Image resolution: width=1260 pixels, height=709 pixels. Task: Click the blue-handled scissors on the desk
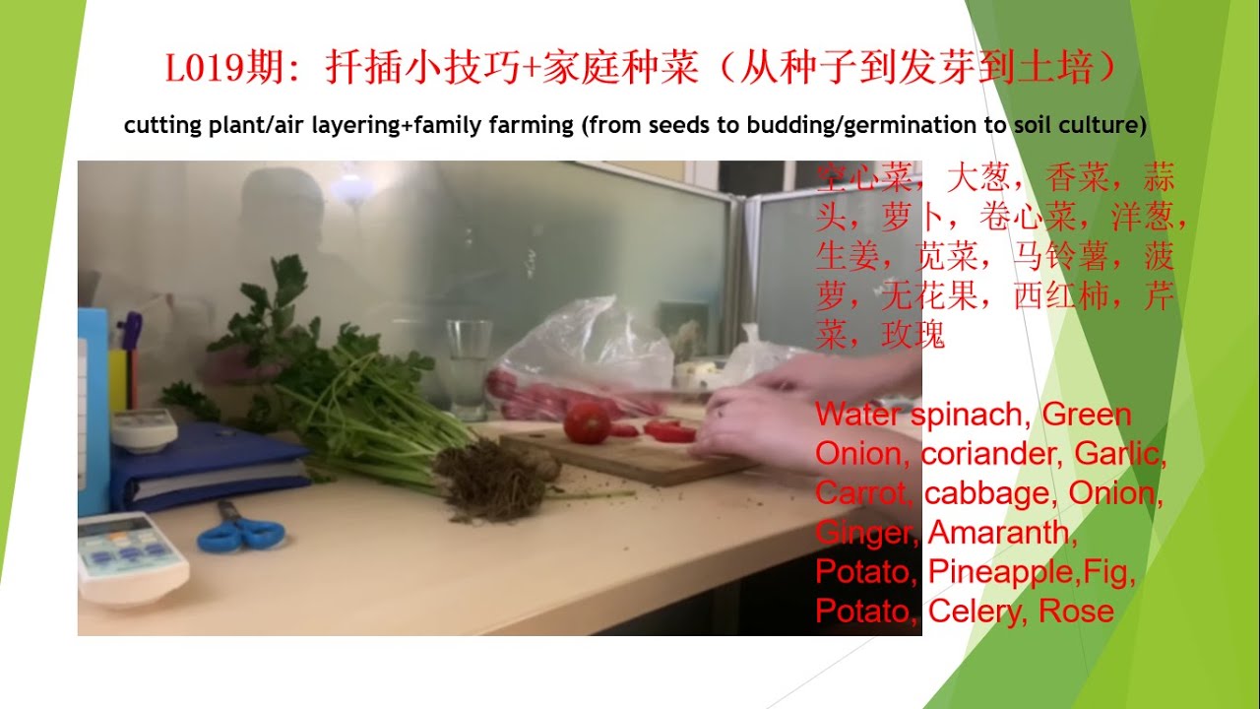[x=240, y=533]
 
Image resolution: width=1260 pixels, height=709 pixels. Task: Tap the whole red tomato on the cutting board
[x=587, y=422]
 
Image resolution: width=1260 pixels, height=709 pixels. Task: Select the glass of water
[x=469, y=367]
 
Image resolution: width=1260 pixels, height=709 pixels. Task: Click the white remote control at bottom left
[x=131, y=557]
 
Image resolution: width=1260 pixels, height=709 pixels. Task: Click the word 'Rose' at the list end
[x=1076, y=612]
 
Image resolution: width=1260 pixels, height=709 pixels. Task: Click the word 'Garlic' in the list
[x=1118, y=454]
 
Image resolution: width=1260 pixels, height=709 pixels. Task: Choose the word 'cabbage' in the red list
[x=990, y=493]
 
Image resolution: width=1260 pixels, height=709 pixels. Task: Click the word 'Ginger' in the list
[x=866, y=533]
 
